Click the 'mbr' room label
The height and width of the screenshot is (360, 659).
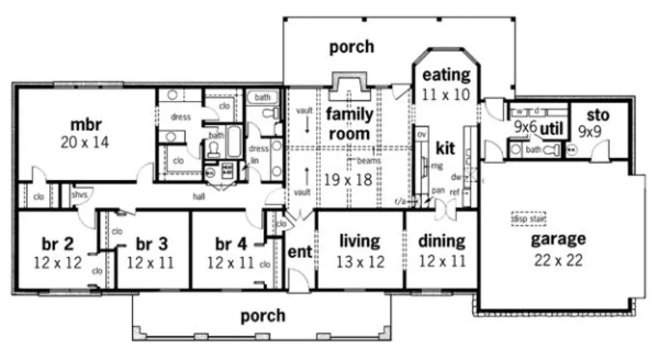(85, 123)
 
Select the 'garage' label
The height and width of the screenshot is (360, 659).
(558, 239)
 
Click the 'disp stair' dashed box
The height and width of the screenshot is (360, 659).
(528, 218)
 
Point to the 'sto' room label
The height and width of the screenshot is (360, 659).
(598, 116)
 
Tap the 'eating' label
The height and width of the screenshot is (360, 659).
(446, 74)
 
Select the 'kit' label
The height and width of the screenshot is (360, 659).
(446, 148)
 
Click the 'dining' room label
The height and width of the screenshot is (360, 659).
(442, 241)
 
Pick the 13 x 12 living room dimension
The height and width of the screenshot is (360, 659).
(360, 261)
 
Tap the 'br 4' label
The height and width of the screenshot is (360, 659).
(231, 244)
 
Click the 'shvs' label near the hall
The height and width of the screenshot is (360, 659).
(78, 194)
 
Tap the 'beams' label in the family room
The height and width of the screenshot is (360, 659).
(371, 161)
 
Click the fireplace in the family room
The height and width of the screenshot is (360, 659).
(350, 85)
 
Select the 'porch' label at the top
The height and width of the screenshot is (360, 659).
(351, 47)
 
